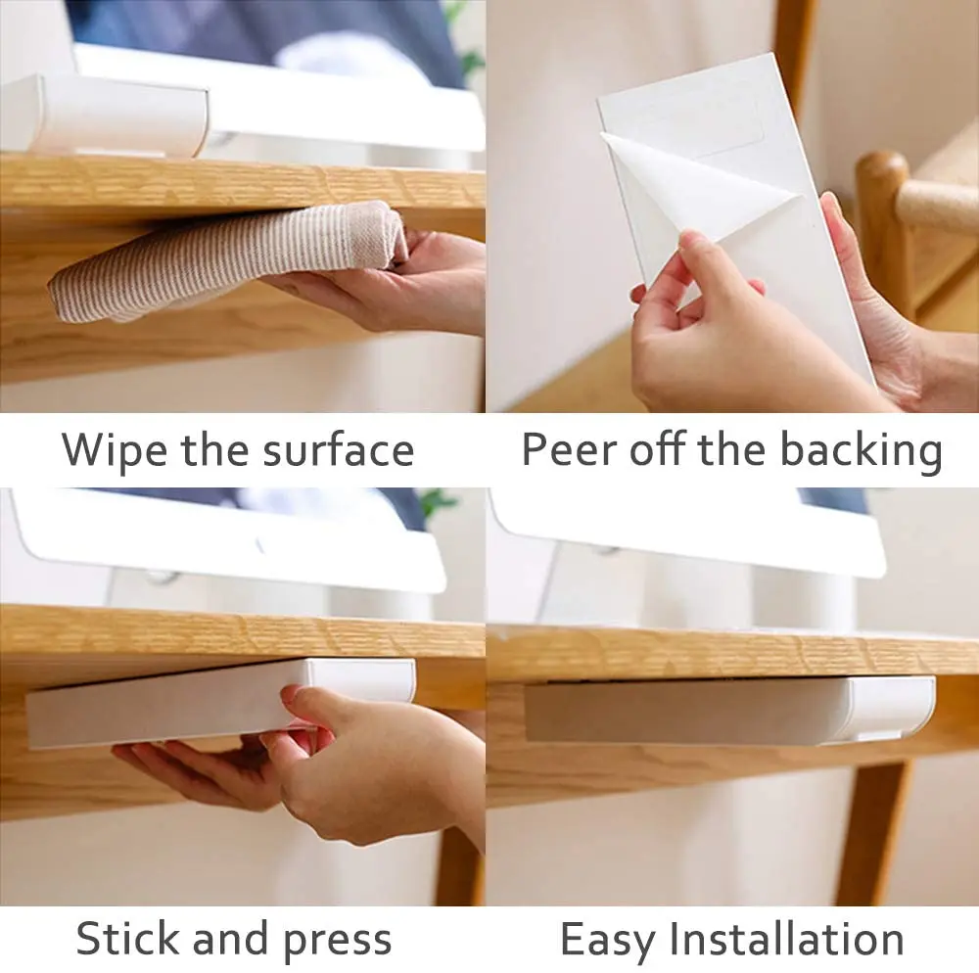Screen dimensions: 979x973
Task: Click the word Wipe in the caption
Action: pyautogui.click(x=114, y=450)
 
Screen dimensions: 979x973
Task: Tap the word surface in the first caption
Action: pyautogui.click(x=338, y=450)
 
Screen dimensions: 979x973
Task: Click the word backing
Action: pyautogui.click(x=862, y=450)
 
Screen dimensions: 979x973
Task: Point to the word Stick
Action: pyautogui.click(x=129, y=938)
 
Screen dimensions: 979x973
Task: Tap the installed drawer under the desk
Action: pyautogui.click(x=729, y=710)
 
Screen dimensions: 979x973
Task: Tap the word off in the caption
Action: pyautogui.click(x=658, y=448)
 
